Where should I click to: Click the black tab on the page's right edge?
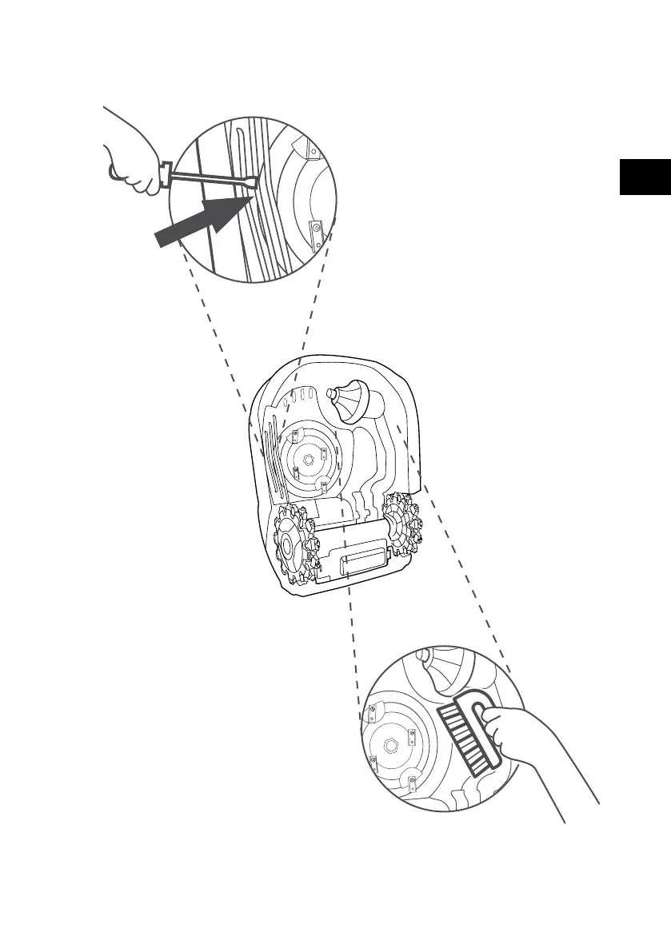[x=645, y=177]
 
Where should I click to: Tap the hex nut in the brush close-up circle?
[x=393, y=744]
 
